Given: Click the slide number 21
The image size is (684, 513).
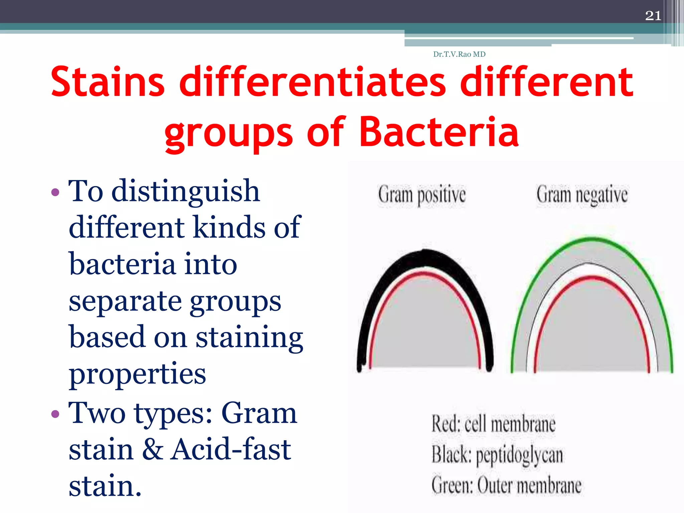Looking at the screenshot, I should click(x=653, y=16).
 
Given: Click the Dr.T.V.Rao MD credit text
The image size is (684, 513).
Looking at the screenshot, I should click(x=459, y=54).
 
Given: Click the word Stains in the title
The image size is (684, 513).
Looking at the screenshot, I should click(x=108, y=82).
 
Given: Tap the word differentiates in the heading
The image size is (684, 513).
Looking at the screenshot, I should click(x=313, y=82).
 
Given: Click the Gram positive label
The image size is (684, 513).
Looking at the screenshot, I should click(x=421, y=195).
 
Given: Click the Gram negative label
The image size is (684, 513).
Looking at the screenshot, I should click(x=582, y=195).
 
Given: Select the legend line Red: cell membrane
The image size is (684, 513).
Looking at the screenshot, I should click(x=493, y=424).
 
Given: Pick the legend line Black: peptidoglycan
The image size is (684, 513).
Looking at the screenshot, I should click(x=497, y=455).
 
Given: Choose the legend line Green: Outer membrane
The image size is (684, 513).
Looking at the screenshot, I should click(x=506, y=485).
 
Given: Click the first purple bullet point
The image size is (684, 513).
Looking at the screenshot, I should click(x=55, y=192).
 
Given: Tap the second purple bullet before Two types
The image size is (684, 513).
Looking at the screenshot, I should click(x=55, y=414).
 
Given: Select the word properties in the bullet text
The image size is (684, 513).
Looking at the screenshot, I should click(x=137, y=374).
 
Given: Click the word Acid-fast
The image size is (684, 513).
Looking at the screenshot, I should click(x=230, y=450).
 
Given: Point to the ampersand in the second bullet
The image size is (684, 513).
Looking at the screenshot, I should click(x=153, y=450).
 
